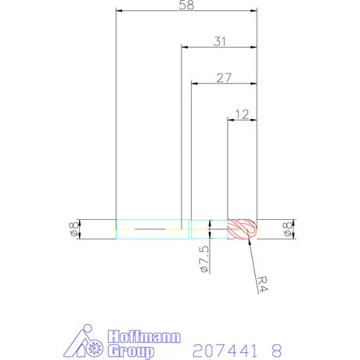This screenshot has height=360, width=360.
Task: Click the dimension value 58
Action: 186,5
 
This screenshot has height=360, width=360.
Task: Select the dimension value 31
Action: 220,41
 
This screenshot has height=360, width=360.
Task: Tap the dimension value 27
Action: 224,77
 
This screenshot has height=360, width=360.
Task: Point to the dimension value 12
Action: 242,114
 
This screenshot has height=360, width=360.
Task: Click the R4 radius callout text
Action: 262,284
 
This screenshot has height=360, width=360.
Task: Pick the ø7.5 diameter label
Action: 204,259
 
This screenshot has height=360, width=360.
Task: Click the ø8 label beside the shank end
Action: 74,229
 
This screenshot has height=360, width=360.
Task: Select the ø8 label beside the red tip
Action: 287,229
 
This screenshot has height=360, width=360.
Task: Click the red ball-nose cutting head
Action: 242,229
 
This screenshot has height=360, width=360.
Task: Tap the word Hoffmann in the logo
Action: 144,337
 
